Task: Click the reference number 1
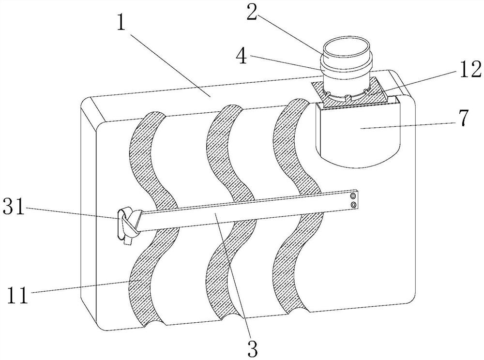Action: (x=121, y=20)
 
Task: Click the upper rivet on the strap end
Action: (x=353, y=196)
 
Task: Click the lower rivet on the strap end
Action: (x=353, y=205)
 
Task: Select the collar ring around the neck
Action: (x=347, y=65)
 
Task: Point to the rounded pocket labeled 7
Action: (x=358, y=133)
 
